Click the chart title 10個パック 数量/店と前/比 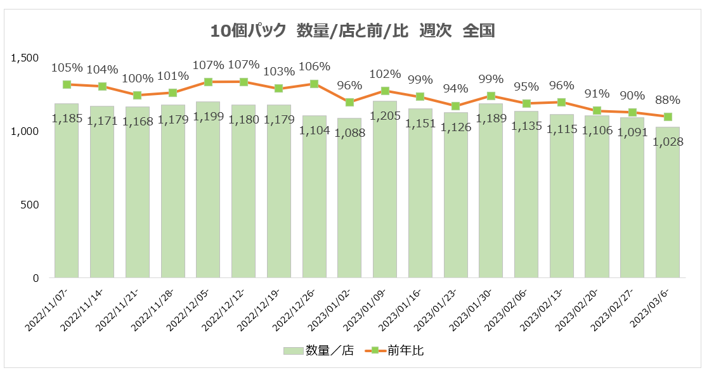tap(352, 30)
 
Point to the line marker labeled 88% tap(668, 117)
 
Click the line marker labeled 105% tap(67, 84)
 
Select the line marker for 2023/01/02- tap(349, 102)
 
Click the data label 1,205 tap(385, 115)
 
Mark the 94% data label tap(455, 88)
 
